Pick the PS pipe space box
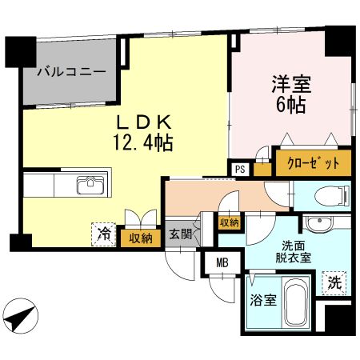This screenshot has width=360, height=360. point(239,168)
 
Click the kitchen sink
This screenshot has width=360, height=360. point(91,187)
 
